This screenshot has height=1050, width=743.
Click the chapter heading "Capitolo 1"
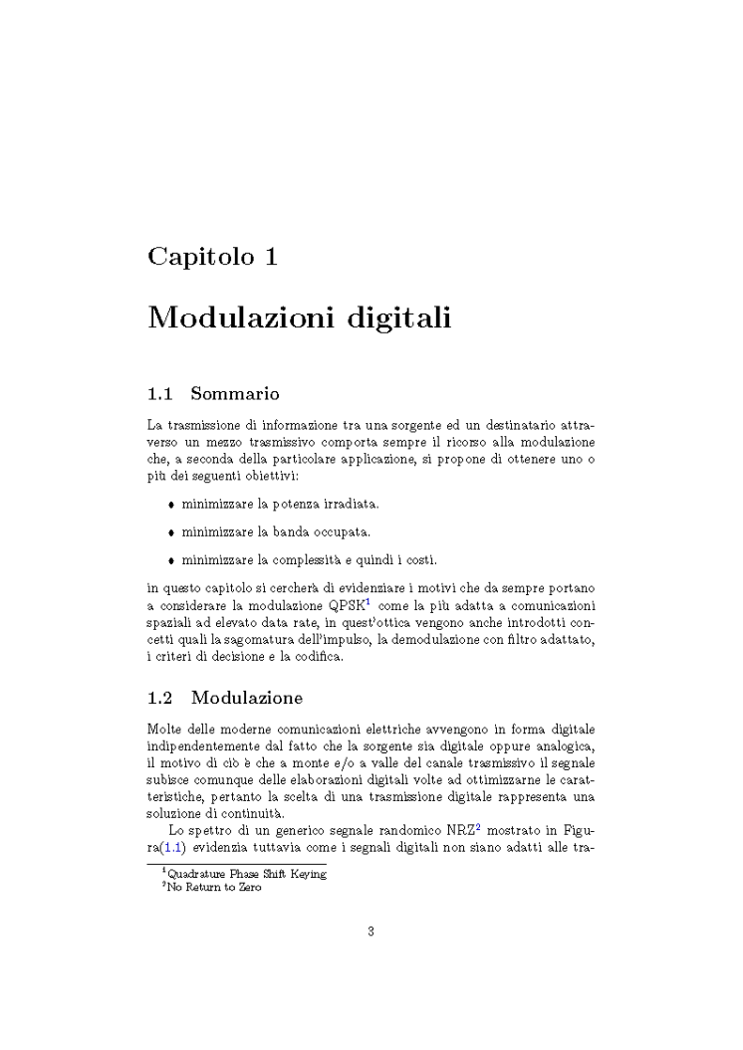[212, 256]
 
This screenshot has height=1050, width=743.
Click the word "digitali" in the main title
[398, 319]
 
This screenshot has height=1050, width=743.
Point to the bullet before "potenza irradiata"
[172, 506]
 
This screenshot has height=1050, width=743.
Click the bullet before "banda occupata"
[172, 532]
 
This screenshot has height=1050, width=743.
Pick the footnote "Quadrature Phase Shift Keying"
[247, 874]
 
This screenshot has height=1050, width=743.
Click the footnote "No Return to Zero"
[215, 887]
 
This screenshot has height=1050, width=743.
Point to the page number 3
[371, 933]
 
